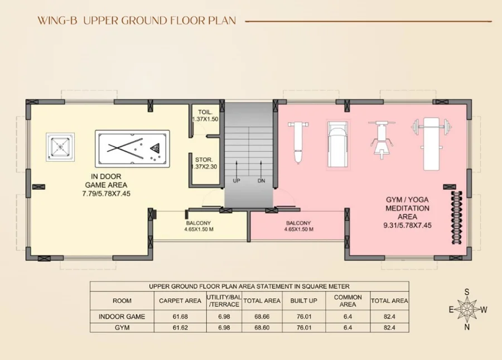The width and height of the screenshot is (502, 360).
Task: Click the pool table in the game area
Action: pyautogui.click(x=132, y=148)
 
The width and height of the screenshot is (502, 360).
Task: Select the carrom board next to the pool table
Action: pyautogui.click(x=60, y=147)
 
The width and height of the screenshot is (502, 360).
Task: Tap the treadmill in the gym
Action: pyautogui.click(x=337, y=144)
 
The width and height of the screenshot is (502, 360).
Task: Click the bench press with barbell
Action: pyautogui.click(x=432, y=143)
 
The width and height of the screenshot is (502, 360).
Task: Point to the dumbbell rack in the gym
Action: pyautogui.click(x=456, y=218)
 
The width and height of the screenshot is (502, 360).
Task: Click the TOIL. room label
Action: pyautogui.click(x=205, y=112)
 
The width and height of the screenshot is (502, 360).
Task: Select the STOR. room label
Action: pyautogui.click(x=204, y=160)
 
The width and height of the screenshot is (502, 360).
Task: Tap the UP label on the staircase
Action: pyautogui.click(x=236, y=181)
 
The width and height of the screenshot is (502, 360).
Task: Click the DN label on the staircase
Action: pyautogui.click(x=261, y=181)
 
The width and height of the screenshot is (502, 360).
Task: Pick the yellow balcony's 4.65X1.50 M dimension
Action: pyautogui.click(x=199, y=229)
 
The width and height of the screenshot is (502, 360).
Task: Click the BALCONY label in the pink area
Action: pyautogui.click(x=298, y=223)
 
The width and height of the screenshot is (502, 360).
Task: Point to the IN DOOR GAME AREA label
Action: pyautogui.click(x=106, y=181)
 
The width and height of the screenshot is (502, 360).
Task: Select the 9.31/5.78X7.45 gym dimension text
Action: pyautogui.click(x=408, y=225)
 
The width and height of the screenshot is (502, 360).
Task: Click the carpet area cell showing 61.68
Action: pyautogui.click(x=180, y=316)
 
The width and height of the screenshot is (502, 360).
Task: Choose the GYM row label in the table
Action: pyautogui.click(x=122, y=327)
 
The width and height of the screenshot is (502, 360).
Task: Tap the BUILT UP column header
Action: pyautogui.click(x=303, y=301)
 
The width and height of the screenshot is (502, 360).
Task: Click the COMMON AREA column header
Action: pyautogui.click(x=347, y=301)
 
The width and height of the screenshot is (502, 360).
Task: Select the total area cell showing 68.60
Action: pyautogui.click(x=262, y=327)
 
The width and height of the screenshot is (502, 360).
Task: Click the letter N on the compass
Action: pyautogui.click(x=467, y=327)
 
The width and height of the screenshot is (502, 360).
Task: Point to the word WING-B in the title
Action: pyautogui.click(x=57, y=21)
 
